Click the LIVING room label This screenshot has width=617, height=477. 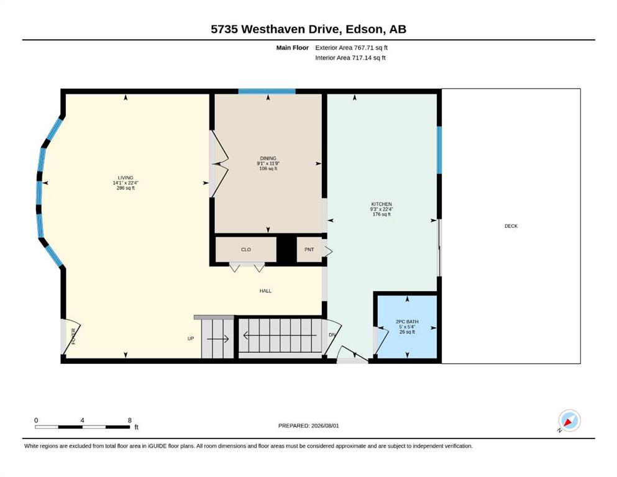[x=126, y=178]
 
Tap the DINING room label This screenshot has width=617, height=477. [x=268, y=158]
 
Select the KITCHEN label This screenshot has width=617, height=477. [x=382, y=204]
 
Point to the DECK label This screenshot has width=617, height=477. [x=511, y=226]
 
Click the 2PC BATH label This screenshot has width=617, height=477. [x=407, y=322]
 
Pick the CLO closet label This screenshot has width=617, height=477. [x=246, y=250]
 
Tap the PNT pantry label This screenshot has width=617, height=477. [x=309, y=250]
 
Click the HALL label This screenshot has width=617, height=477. [x=265, y=291]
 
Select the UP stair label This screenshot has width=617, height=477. [x=191, y=338]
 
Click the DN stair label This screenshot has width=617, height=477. [x=332, y=335]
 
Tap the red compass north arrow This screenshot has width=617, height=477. [x=568, y=422]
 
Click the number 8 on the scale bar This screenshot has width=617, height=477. [x=129, y=420]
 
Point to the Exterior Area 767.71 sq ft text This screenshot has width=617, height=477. [x=352, y=48]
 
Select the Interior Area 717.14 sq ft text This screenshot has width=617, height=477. [x=350, y=58]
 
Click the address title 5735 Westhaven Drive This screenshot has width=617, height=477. [x=275, y=29]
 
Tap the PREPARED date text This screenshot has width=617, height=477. [x=308, y=426]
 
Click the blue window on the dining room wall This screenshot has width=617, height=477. [x=267, y=91]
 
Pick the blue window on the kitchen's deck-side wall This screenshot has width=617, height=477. [x=439, y=150]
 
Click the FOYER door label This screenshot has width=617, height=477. [x=73, y=337]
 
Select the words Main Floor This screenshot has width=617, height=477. [x=293, y=48]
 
